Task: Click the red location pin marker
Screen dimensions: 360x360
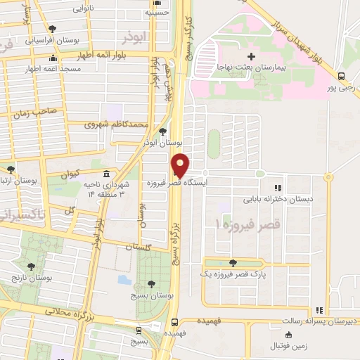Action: coord(181,165)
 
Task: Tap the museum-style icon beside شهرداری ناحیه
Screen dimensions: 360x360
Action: coord(105,174)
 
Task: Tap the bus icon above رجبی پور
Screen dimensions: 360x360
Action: coord(341,76)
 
